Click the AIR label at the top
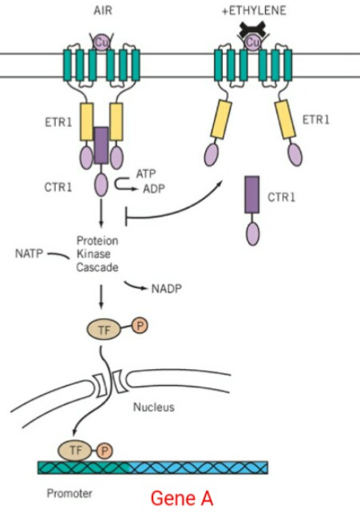(101, 10)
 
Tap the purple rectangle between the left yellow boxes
(101, 145)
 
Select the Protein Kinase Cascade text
(97, 254)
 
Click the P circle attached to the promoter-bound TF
(105, 451)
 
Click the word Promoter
(69, 493)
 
